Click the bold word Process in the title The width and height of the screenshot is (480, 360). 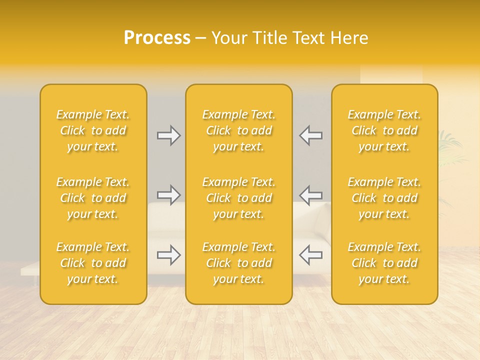click(157, 38)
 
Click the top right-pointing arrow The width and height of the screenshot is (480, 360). click(168, 135)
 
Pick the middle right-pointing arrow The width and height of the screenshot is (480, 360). click(168, 195)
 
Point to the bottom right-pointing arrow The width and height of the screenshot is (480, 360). click(168, 255)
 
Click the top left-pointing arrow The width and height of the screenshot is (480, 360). click(311, 135)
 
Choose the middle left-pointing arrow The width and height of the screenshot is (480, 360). click(311, 195)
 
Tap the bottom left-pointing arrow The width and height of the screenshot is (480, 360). click(311, 255)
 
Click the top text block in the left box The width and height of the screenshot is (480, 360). click(93, 130)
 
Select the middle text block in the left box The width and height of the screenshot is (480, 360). click(93, 198)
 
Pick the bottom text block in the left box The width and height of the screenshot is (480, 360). click(93, 263)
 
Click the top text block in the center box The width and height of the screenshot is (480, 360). click(239, 130)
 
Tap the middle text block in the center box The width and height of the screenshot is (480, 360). click(239, 198)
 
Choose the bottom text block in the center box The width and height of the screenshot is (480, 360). click(239, 263)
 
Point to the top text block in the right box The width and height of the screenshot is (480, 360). click(384, 130)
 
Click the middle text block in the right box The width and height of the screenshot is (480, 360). click(384, 198)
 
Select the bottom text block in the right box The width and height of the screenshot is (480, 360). click(384, 263)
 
